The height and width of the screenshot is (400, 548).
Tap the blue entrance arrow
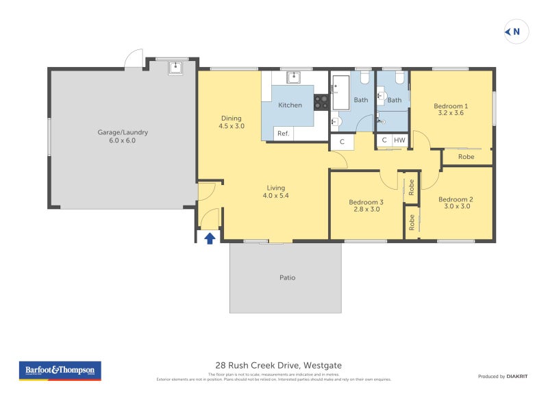point(210,238)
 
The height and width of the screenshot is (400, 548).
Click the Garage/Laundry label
point(123,132)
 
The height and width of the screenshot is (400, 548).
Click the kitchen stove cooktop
point(321,102)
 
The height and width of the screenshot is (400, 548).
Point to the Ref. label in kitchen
point(283,134)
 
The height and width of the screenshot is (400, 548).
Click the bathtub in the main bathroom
point(340,92)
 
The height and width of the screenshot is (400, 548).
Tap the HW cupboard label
point(399,140)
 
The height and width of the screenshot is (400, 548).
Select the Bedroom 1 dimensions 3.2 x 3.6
point(451,113)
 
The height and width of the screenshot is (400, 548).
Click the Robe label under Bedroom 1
point(466,157)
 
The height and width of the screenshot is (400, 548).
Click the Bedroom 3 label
point(366,202)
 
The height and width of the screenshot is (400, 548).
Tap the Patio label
point(287,277)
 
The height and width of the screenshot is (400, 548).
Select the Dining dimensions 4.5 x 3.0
point(232,126)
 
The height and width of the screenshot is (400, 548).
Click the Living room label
point(276,188)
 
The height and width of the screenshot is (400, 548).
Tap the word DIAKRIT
point(516,377)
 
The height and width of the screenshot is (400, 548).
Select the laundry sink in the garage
point(175,66)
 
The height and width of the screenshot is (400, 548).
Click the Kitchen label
point(290,105)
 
